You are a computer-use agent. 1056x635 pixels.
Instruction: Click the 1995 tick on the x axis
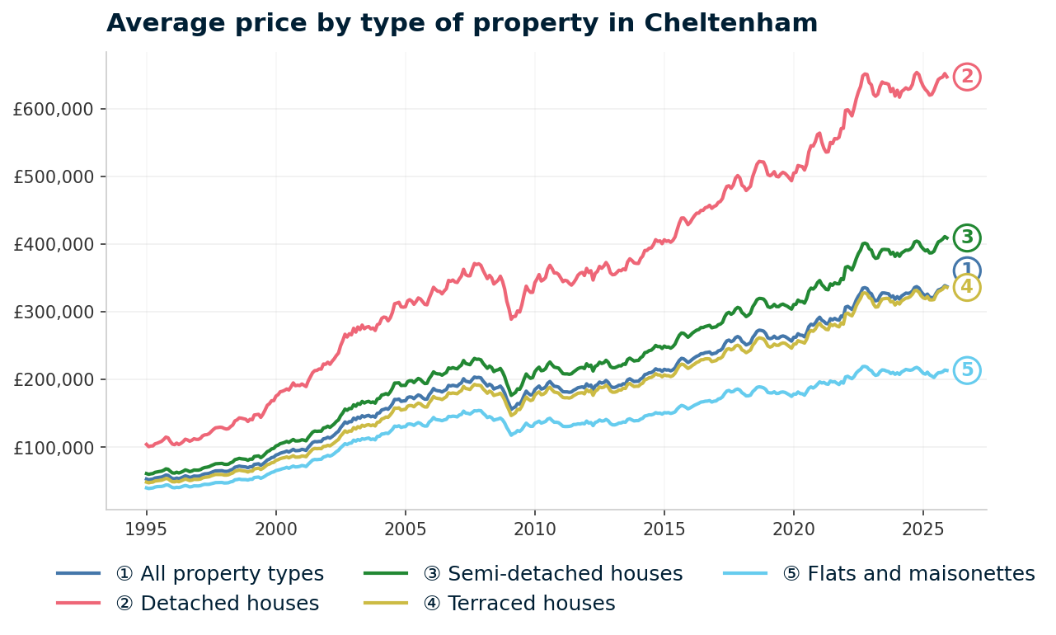pyautogui.click(x=146, y=528)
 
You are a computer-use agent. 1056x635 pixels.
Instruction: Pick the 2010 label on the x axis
pyautogui.click(x=534, y=528)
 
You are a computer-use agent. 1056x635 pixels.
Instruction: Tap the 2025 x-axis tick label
pyautogui.click(x=922, y=528)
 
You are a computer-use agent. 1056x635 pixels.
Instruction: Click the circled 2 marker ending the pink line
pyautogui.click(x=967, y=77)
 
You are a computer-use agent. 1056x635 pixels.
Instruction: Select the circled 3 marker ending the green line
pyautogui.click(x=967, y=238)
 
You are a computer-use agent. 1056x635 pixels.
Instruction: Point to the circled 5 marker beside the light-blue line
pyautogui.click(x=967, y=370)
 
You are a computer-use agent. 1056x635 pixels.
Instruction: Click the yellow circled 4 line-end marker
pyautogui.click(x=967, y=288)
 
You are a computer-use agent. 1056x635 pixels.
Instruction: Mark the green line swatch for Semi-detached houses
pyautogui.click(x=386, y=574)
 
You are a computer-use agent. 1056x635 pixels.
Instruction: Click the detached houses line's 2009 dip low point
pyautogui.click(x=512, y=318)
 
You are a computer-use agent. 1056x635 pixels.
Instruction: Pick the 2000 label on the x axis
pyautogui.click(x=275, y=528)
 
